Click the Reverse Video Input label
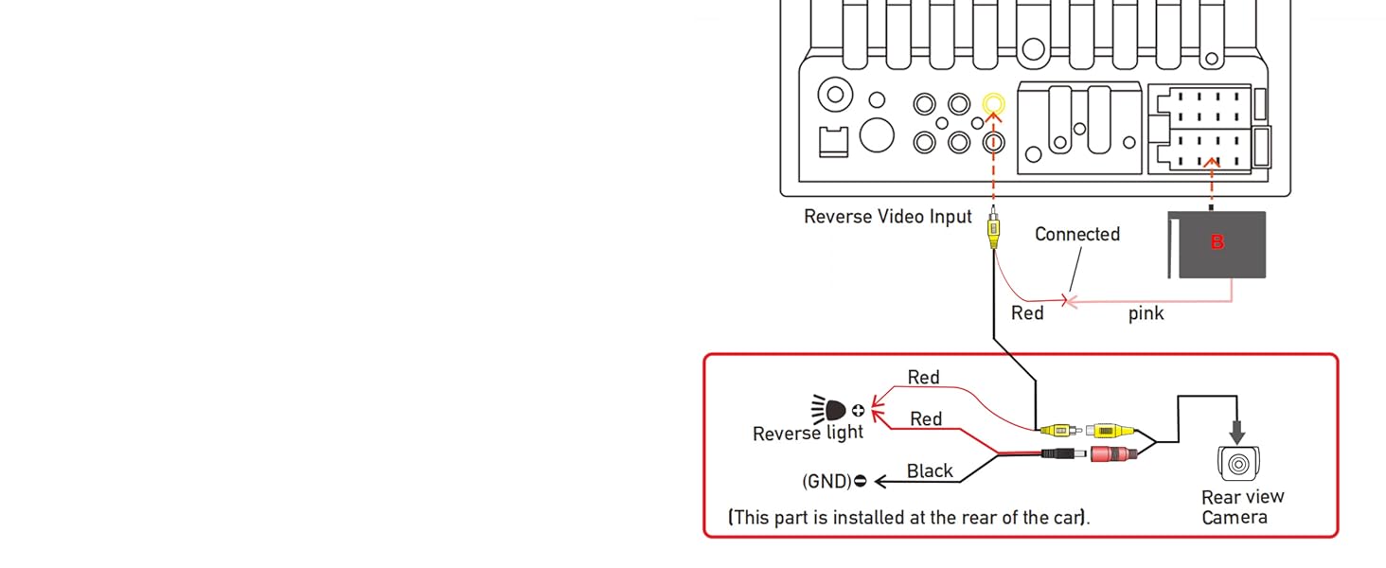click(x=887, y=217)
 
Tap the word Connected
click(x=1076, y=234)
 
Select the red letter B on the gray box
click(x=1217, y=242)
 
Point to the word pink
click(x=1146, y=313)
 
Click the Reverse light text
click(x=808, y=434)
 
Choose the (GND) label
click(x=826, y=482)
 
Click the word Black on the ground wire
click(x=930, y=471)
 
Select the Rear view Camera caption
click(x=1242, y=506)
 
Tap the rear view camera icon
click(x=1237, y=463)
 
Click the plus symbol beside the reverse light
click(x=858, y=411)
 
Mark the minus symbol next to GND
click(x=860, y=482)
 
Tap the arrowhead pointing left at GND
click(x=881, y=482)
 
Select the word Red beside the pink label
click(x=1027, y=313)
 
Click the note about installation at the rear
click(x=908, y=518)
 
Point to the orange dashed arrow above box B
click(x=1212, y=180)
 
